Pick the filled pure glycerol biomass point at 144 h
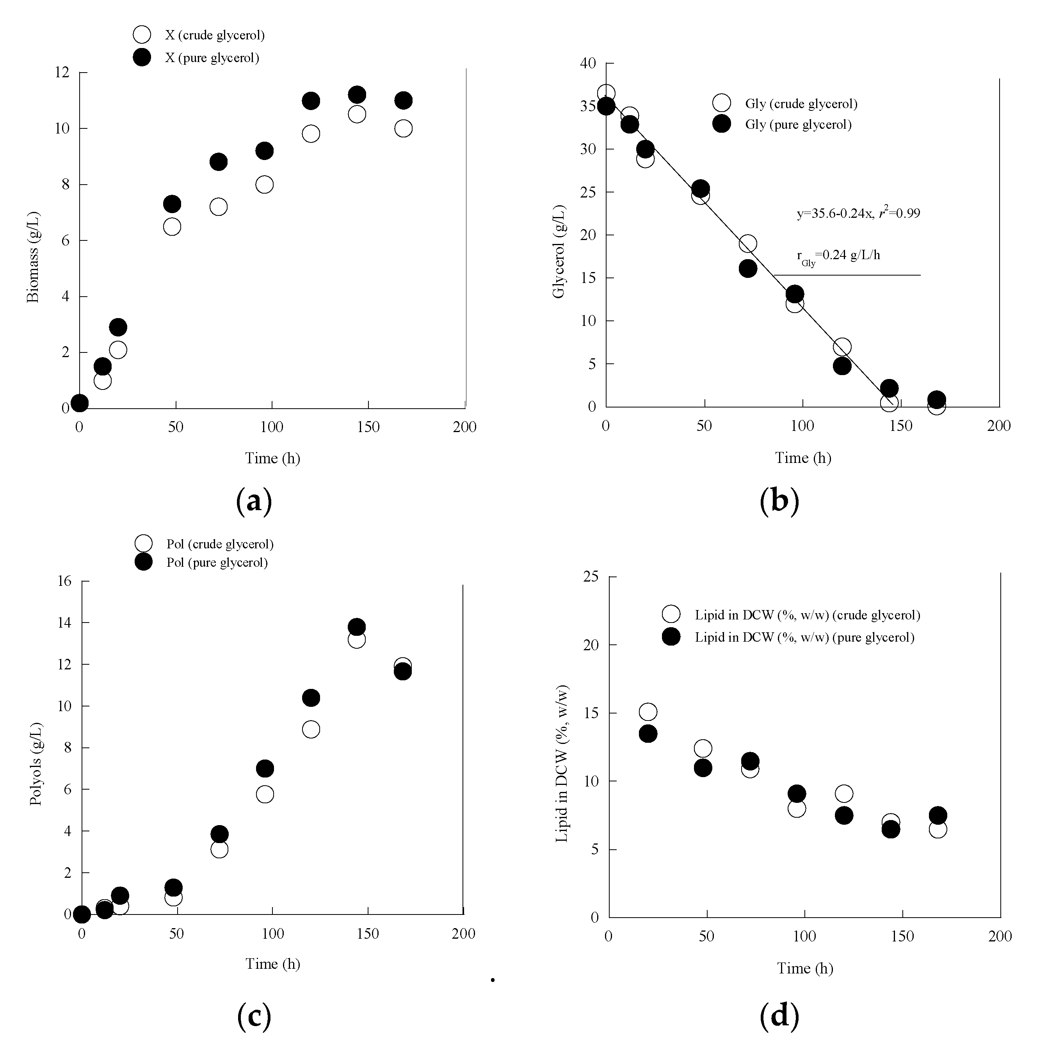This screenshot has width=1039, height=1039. (x=357, y=95)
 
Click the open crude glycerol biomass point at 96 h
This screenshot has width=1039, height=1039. (x=264, y=185)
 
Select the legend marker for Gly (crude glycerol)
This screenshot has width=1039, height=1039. (x=721, y=103)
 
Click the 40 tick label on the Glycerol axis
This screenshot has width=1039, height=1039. (x=588, y=64)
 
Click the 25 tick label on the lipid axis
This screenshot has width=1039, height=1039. (x=591, y=577)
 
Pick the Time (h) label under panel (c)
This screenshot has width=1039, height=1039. (x=273, y=964)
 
